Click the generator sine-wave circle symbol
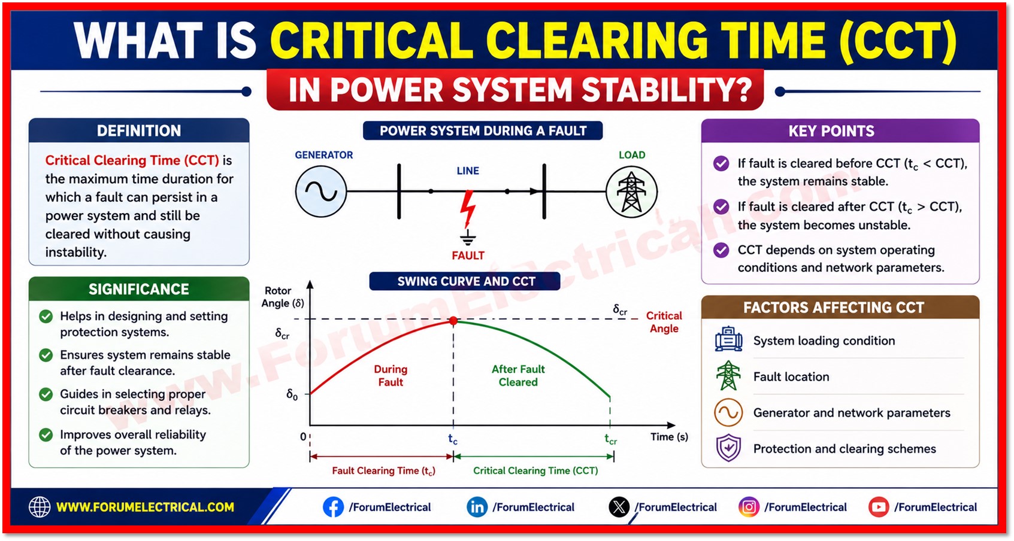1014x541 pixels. click(321, 192)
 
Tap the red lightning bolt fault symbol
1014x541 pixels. click(468, 208)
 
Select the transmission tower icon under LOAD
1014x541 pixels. click(631, 192)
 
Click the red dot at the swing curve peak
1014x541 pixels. click(453, 321)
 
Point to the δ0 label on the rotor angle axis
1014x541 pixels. click(292, 395)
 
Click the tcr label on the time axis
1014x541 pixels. click(611, 439)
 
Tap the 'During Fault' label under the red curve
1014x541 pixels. click(391, 376)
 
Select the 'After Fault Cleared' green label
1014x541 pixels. click(518, 376)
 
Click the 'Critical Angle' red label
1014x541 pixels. click(664, 322)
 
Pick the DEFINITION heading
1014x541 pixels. click(139, 131)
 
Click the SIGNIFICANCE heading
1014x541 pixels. click(139, 290)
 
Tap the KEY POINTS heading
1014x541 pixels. click(831, 131)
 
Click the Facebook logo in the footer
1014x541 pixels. click(333, 507)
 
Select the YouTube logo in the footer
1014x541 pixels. click(879, 507)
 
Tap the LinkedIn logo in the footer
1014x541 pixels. click(477, 507)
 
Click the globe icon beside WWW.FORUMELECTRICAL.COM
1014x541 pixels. click(40, 507)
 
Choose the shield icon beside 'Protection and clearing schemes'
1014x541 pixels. click(728, 448)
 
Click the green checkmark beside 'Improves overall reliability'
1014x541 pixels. click(46, 435)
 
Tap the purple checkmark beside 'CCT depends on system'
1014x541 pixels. click(721, 250)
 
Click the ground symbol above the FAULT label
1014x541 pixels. click(468, 238)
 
